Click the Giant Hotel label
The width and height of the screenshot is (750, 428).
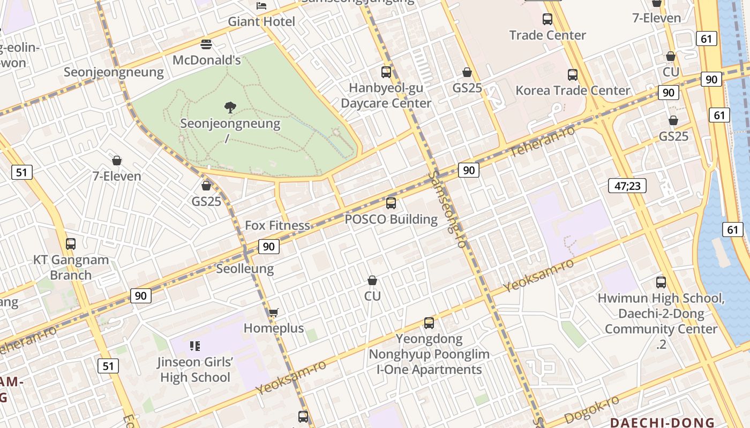[x=261, y=22]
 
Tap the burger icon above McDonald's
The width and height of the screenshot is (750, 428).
[x=206, y=44]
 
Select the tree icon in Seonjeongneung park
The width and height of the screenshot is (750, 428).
[x=230, y=108]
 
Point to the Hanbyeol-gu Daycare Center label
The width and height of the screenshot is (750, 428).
[x=386, y=95]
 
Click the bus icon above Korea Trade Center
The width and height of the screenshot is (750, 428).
[x=573, y=75]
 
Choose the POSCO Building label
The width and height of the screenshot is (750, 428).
[x=391, y=219]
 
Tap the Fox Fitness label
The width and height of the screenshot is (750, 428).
[x=277, y=225]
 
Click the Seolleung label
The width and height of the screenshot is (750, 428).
[x=245, y=269]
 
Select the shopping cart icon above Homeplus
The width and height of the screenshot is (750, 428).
[x=274, y=312]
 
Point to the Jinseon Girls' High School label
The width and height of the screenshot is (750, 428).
[x=195, y=370]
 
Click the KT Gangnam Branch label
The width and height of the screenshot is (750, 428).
[x=71, y=267]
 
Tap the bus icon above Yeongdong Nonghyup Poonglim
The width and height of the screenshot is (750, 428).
[x=429, y=323]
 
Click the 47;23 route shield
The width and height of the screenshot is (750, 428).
[x=627, y=186]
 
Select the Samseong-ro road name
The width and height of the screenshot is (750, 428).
[x=447, y=209]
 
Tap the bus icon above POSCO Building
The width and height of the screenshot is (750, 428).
[x=391, y=203]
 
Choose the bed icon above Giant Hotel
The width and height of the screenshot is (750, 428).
[x=261, y=6]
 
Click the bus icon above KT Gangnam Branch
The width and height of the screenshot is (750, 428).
[x=71, y=244]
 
